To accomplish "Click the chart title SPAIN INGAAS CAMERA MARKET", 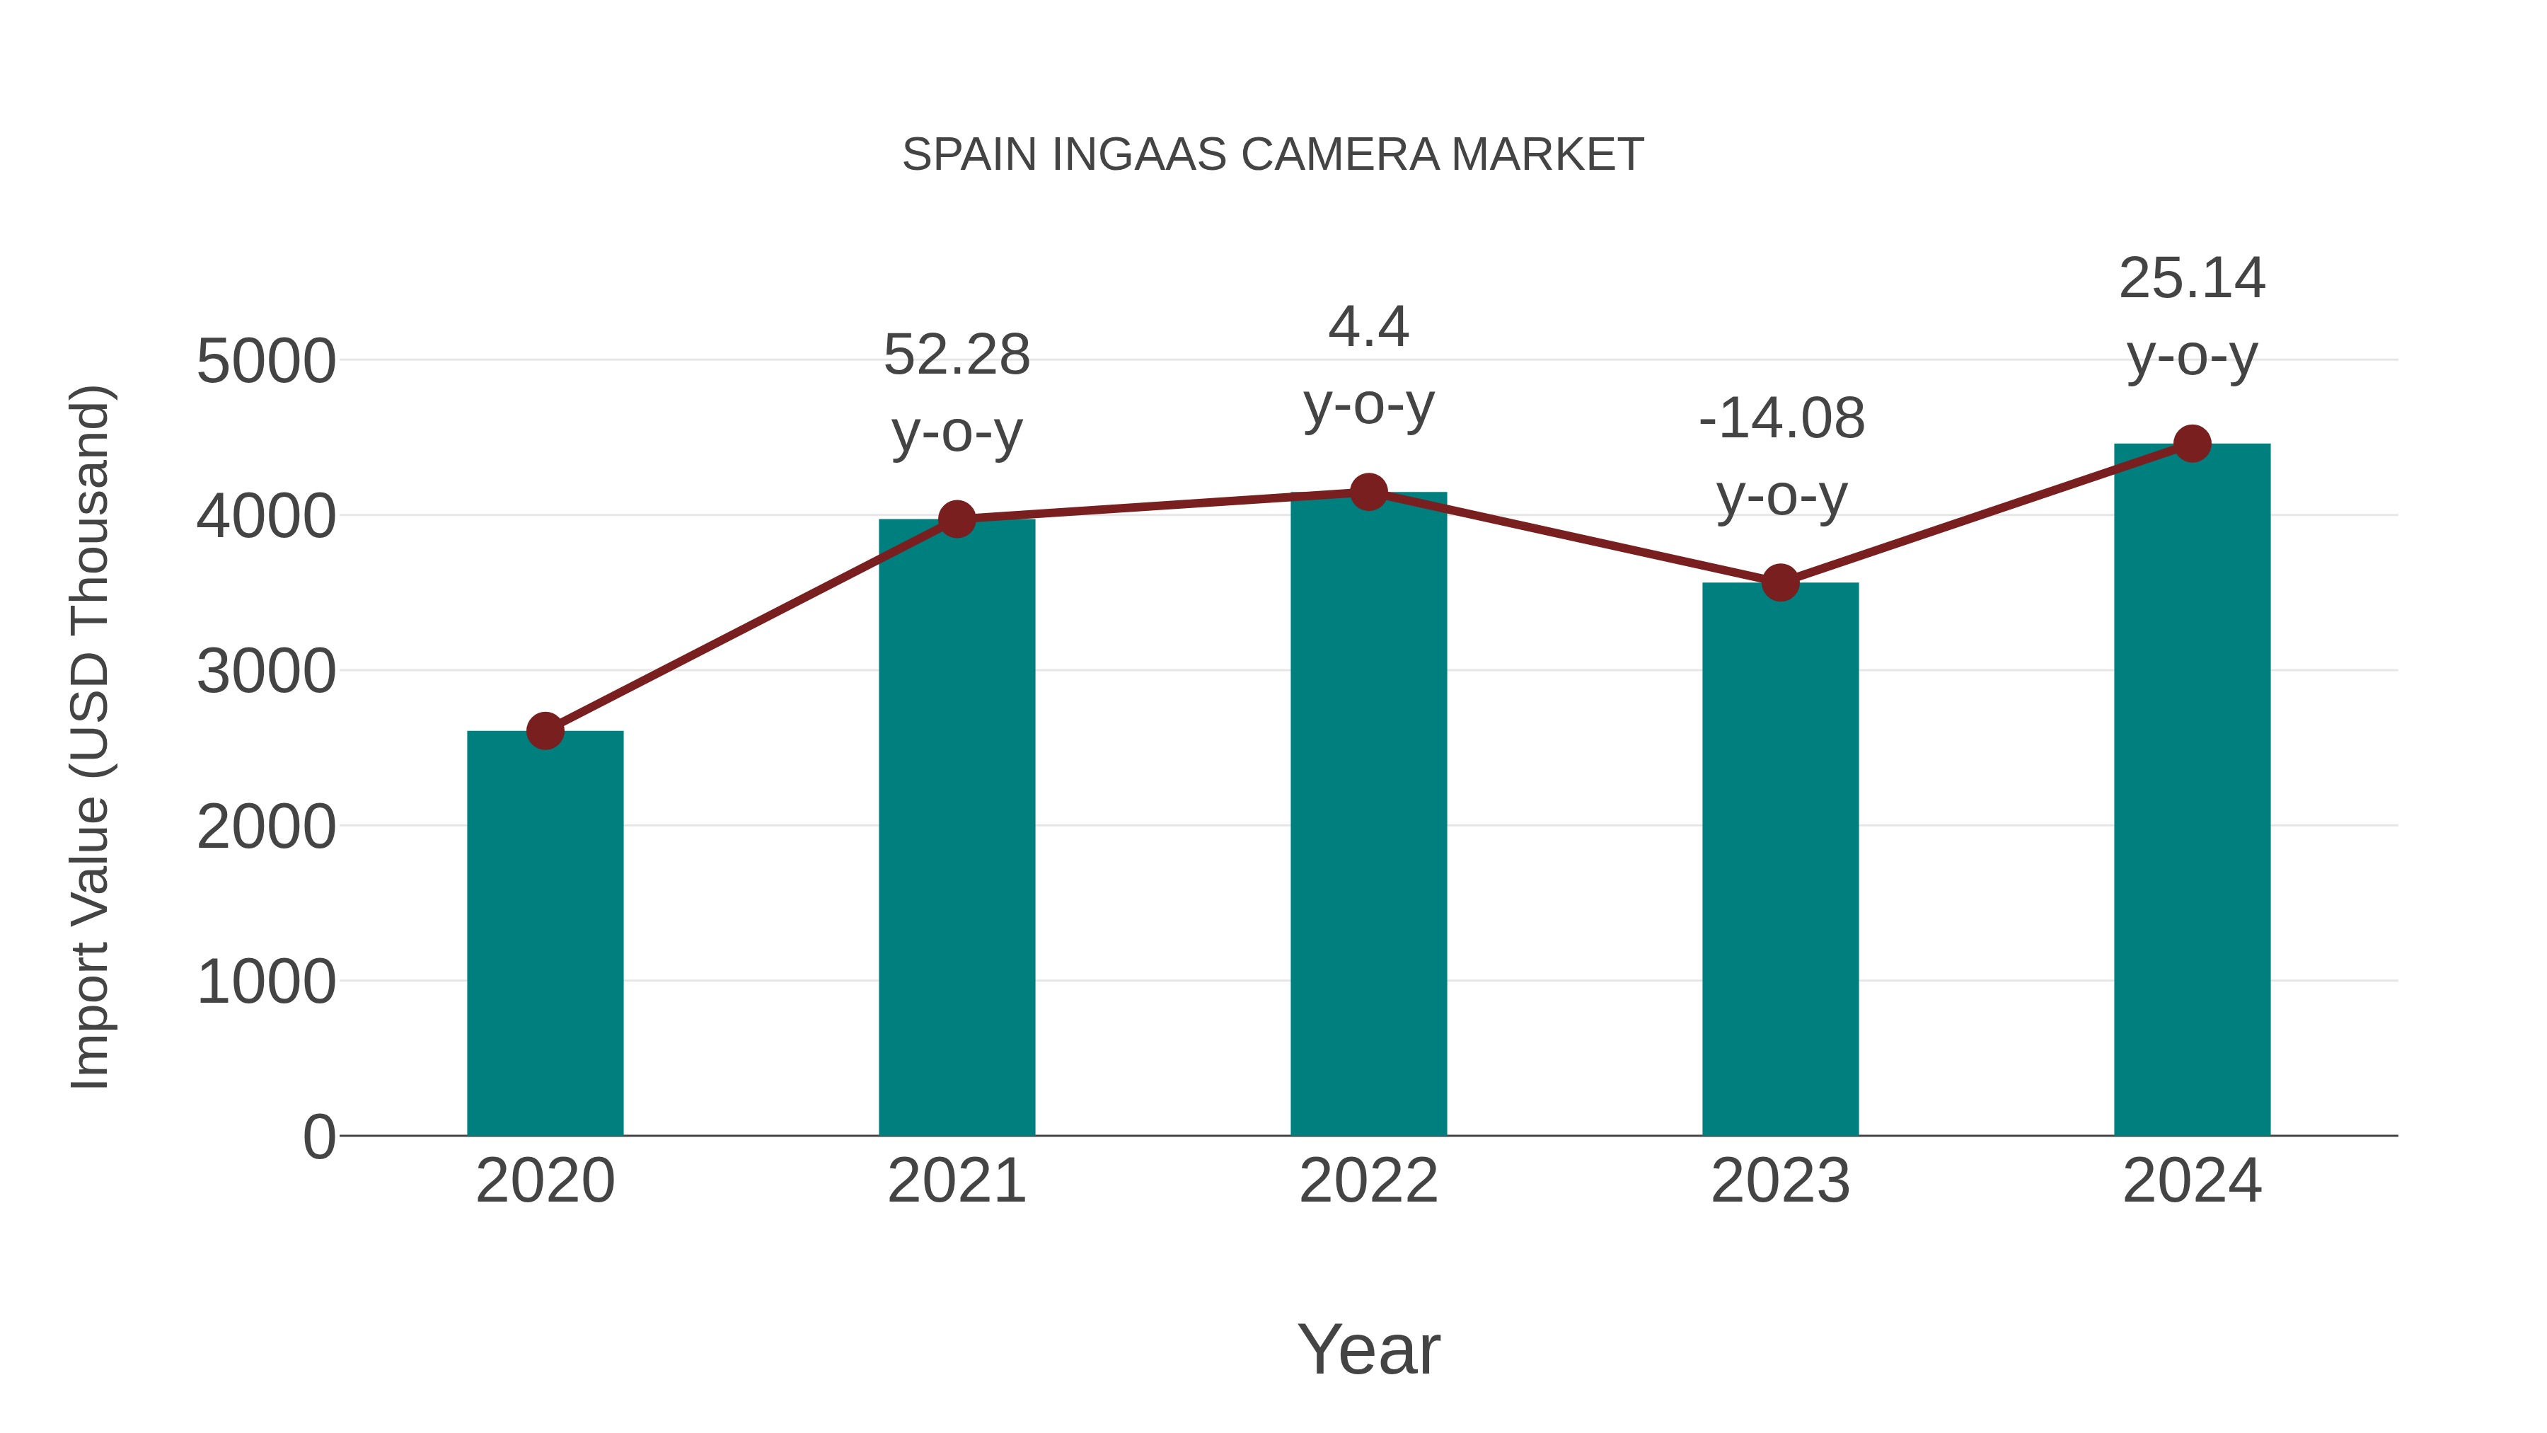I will coord(1273,155).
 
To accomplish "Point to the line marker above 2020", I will coord(545,731).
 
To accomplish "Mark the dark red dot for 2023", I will coord(1780,584).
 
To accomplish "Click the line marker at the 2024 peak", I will coord(2192,444).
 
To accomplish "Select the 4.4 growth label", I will coord(1368,365).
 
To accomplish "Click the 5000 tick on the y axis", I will coord(266,361).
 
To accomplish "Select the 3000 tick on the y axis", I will coord(266,672).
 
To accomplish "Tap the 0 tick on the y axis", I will coord(318,1136).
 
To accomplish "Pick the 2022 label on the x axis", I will coord(1368,1181).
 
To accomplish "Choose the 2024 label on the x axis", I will coord(2192,1181).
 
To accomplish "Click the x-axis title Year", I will coord(1368,1349).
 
